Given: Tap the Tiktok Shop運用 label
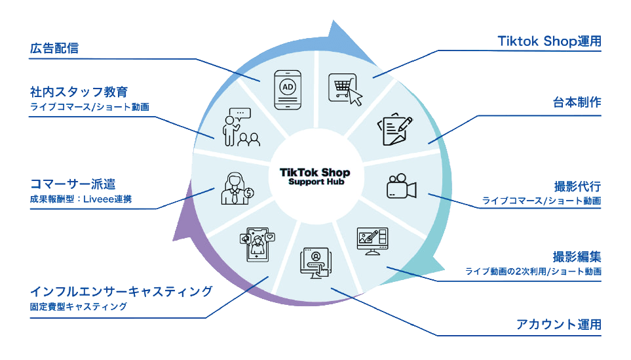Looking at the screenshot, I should click(549, 41).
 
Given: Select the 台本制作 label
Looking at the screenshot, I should click(577, 103).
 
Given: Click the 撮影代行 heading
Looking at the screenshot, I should click(577, 186).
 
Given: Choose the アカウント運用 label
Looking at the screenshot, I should click(559, 325).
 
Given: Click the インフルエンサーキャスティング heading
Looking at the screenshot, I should click(121, 290).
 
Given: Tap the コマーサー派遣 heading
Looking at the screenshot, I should click(73, 183).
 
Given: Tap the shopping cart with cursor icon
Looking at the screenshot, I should click(345, 89).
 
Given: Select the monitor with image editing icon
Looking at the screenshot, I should click(372, 241).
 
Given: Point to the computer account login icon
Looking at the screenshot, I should click(315, 263).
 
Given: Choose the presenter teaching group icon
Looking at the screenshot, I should click(239, 127).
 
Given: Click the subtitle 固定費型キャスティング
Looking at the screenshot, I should click(78, 306).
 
